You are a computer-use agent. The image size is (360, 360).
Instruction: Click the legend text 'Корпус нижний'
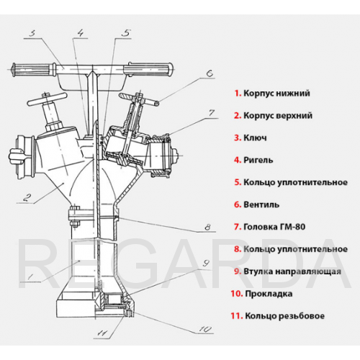276,93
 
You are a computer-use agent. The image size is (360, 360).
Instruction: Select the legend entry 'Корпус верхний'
278,115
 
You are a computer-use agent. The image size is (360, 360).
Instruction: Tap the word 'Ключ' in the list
255,138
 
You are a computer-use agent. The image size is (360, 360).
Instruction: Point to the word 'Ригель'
258,160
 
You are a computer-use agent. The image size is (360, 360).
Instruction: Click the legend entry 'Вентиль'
261,204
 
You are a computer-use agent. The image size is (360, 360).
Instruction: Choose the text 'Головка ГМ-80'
274,227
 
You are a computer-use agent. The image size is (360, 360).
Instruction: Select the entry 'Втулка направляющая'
292,271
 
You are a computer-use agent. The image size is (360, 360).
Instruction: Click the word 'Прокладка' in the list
269,294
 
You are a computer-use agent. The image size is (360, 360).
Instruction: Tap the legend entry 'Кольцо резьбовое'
284,316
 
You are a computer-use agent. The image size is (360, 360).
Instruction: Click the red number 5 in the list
238,182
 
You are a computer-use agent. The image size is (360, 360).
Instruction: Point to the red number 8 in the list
238,249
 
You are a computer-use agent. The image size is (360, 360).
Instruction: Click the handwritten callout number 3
32,33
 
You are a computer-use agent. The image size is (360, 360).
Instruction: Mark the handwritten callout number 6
210,73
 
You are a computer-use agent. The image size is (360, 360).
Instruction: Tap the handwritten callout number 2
27,198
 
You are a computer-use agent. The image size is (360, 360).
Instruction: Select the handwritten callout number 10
205,329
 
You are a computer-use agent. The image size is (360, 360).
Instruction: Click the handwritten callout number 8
208,227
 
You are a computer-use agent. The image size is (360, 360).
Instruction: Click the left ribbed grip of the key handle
34,69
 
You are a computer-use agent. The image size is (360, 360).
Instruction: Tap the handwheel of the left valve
47,99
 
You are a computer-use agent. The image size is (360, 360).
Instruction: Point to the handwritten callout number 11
102,333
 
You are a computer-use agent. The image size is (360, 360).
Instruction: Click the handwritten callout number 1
30,277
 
